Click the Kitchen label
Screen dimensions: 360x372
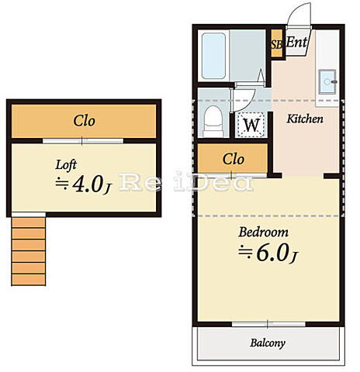coord(305,119)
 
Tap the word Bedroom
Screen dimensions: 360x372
coord(263,232)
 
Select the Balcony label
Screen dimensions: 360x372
coord(268,343)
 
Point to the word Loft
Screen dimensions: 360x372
coord(66,165)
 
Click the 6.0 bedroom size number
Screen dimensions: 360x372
coord(272,253)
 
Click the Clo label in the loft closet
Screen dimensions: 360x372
coord(85,121)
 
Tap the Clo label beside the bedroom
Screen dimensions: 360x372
coord(234,159)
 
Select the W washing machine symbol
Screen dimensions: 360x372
coord(251,125)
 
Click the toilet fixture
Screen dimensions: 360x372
coord(213,121)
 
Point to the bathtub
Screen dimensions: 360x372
coord(213,56)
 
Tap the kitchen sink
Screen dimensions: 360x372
coord(327,81)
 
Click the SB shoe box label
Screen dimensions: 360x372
coord(277,44)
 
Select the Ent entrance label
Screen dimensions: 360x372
coord(297,42)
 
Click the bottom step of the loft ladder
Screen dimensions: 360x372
coord(29,280)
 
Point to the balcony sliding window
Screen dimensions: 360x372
coord(268,324)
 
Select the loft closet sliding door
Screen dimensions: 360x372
coord(83,141)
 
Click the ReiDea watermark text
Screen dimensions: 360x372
coord(185,182)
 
